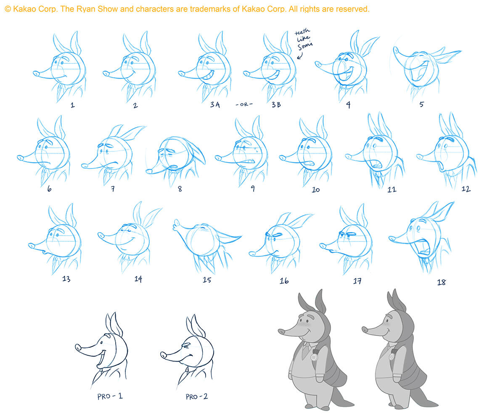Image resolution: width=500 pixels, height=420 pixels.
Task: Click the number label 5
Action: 421,105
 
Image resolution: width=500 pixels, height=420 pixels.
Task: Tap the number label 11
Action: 392,190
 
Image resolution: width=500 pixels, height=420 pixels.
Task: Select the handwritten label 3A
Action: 215,105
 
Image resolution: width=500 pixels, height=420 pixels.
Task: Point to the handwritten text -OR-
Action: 244,105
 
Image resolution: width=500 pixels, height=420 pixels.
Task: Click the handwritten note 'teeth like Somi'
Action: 303,39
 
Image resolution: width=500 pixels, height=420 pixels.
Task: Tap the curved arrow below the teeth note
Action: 300,56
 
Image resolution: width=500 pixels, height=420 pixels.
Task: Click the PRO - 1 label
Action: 110,396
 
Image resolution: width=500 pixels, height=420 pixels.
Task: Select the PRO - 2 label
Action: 197,397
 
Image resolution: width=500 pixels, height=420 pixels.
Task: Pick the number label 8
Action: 180,189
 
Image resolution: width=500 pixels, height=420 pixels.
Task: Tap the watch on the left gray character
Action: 315,356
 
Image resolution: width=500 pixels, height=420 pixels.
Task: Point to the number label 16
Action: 284,281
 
